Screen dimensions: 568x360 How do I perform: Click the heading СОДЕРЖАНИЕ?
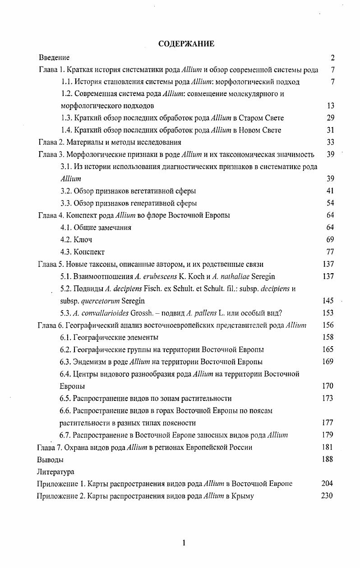pos(186,44)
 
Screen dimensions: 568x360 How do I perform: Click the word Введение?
pos(54,58)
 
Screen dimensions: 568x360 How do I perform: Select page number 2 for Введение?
pos(332,58)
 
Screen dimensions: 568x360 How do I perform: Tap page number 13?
pos(330,106)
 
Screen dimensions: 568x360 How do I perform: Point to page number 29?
pos(330,118)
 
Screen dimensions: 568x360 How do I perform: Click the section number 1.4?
pos(66,130)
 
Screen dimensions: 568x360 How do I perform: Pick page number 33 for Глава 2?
pos(330,142)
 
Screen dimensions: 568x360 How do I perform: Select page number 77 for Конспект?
pos(330,252)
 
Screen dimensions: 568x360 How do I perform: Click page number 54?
pos(330,203)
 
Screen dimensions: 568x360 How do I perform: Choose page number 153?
pos(328,313)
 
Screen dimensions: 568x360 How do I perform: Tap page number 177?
pos(328,423)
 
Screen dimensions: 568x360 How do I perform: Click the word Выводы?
pos(50,460)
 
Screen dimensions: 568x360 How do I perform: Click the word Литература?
pos(55,472)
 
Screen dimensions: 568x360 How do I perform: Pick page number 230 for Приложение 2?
pos(327,496)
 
